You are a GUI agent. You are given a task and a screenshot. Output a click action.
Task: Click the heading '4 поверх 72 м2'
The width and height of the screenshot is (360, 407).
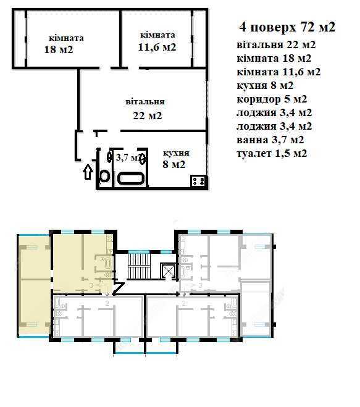coord(287,27)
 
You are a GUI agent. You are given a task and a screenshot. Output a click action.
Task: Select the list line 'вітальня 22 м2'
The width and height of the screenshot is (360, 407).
coord(276,45)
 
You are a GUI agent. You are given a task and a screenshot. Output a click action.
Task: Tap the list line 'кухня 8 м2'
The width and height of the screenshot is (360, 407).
coord(265,85)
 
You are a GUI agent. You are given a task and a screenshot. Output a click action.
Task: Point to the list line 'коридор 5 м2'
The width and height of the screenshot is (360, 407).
coord(272,99)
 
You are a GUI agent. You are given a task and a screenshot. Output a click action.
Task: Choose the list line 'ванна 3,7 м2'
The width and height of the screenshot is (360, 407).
coord(270,140)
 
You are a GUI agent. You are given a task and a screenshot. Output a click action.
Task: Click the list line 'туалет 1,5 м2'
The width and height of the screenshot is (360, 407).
coord(272,153)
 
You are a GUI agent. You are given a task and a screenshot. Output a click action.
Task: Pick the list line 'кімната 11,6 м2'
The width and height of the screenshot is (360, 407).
coord(278,72)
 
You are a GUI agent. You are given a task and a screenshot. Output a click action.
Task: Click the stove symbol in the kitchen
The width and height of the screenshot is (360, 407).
coord(199,181)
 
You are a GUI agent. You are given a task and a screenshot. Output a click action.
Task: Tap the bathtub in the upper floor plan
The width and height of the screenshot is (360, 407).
coord(130,178)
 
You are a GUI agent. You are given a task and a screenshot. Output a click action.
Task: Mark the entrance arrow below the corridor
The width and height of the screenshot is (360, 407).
coord(88,172)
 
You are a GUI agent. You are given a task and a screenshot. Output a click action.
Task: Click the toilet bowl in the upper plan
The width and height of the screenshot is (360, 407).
coord(104,176)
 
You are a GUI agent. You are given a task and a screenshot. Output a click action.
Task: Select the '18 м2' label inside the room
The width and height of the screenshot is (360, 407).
coord(59,49)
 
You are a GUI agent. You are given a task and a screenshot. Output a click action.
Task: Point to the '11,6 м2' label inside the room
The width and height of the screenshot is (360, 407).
coord(157,47)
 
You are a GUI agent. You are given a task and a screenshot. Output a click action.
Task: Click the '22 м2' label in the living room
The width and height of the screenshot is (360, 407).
coord(148,115)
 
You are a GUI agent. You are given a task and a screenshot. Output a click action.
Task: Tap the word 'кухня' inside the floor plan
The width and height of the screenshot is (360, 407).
coord(176,153)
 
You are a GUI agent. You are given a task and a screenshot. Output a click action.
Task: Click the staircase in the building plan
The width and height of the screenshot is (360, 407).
coord(140,266)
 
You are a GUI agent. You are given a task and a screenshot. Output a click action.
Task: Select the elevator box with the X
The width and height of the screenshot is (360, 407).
coord(168,271)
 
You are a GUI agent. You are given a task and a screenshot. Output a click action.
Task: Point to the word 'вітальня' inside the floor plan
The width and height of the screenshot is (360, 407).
coord(145,101)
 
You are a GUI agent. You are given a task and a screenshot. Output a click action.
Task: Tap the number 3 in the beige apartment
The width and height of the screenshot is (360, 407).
coord(91,285)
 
